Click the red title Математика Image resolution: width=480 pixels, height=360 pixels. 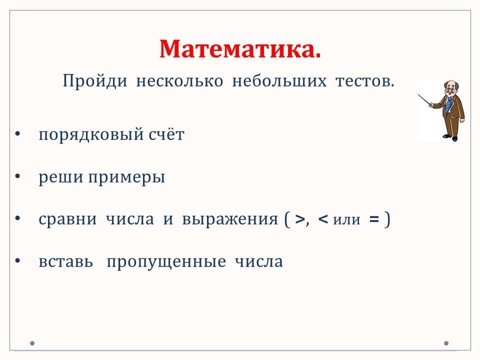[240, 49]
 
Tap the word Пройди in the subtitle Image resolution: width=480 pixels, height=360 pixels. [95, 81]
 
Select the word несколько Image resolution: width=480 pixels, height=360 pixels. [179, 81]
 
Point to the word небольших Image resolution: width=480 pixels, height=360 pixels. [279, 81]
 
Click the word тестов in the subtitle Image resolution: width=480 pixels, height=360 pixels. [363, 81]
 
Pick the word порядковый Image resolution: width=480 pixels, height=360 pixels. [91, 134]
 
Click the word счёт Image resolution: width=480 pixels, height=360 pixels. [166, 134]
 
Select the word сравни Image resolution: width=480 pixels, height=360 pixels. [67, 219]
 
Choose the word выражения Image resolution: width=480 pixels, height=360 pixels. [230, 219]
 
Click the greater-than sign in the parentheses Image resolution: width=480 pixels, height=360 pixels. [300, 219]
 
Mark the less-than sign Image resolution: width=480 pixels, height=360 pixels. [323, 219]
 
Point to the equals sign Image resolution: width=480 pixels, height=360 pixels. [374, 219]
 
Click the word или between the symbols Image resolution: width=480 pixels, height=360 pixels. [346, 220]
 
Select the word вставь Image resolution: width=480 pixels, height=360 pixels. [66, 262]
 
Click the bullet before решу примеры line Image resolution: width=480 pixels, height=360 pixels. [18, 176]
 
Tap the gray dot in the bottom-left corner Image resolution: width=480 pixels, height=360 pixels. [32, 343]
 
